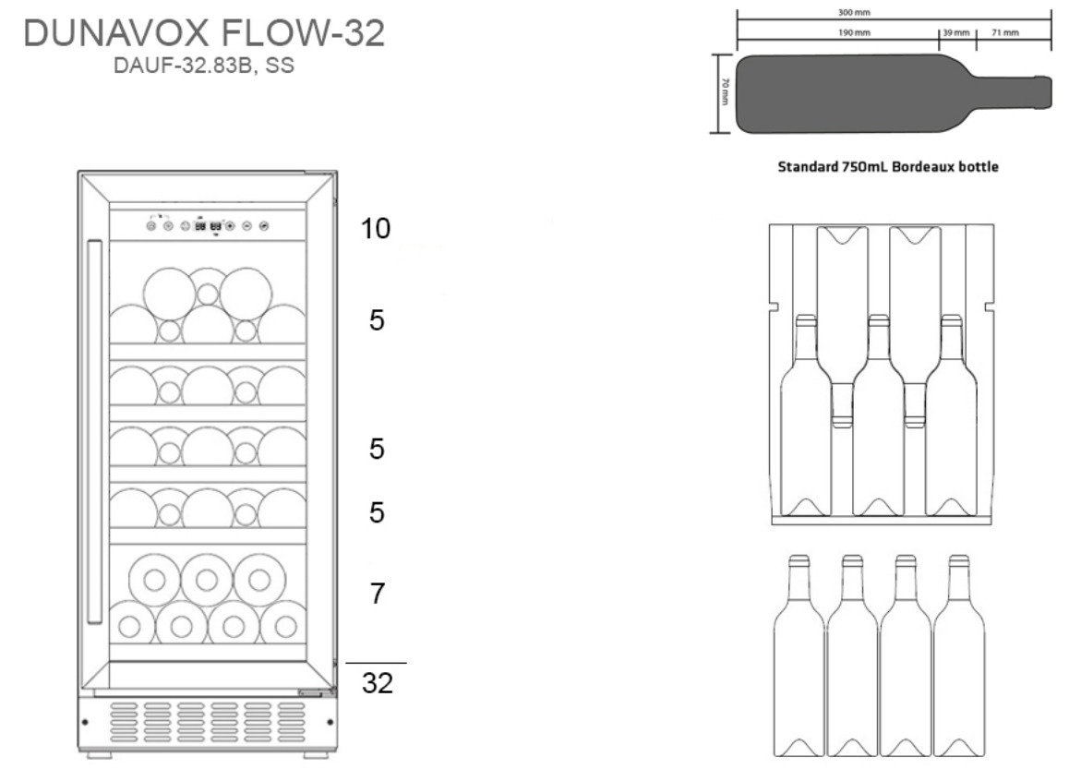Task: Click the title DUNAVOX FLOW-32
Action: coord(204,35)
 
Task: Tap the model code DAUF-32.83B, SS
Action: coord(204,67)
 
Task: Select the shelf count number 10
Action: coord(376,228)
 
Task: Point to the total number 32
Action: coord(376,684)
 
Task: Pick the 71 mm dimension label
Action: coord(1005,32)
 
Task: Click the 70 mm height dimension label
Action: coord(726,92)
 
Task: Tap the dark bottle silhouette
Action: coord(868,92)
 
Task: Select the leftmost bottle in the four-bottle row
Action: coord(799,655)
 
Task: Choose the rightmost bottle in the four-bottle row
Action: coord(959,655)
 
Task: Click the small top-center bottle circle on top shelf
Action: coord(209,294)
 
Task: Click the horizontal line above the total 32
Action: coord(376,663)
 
